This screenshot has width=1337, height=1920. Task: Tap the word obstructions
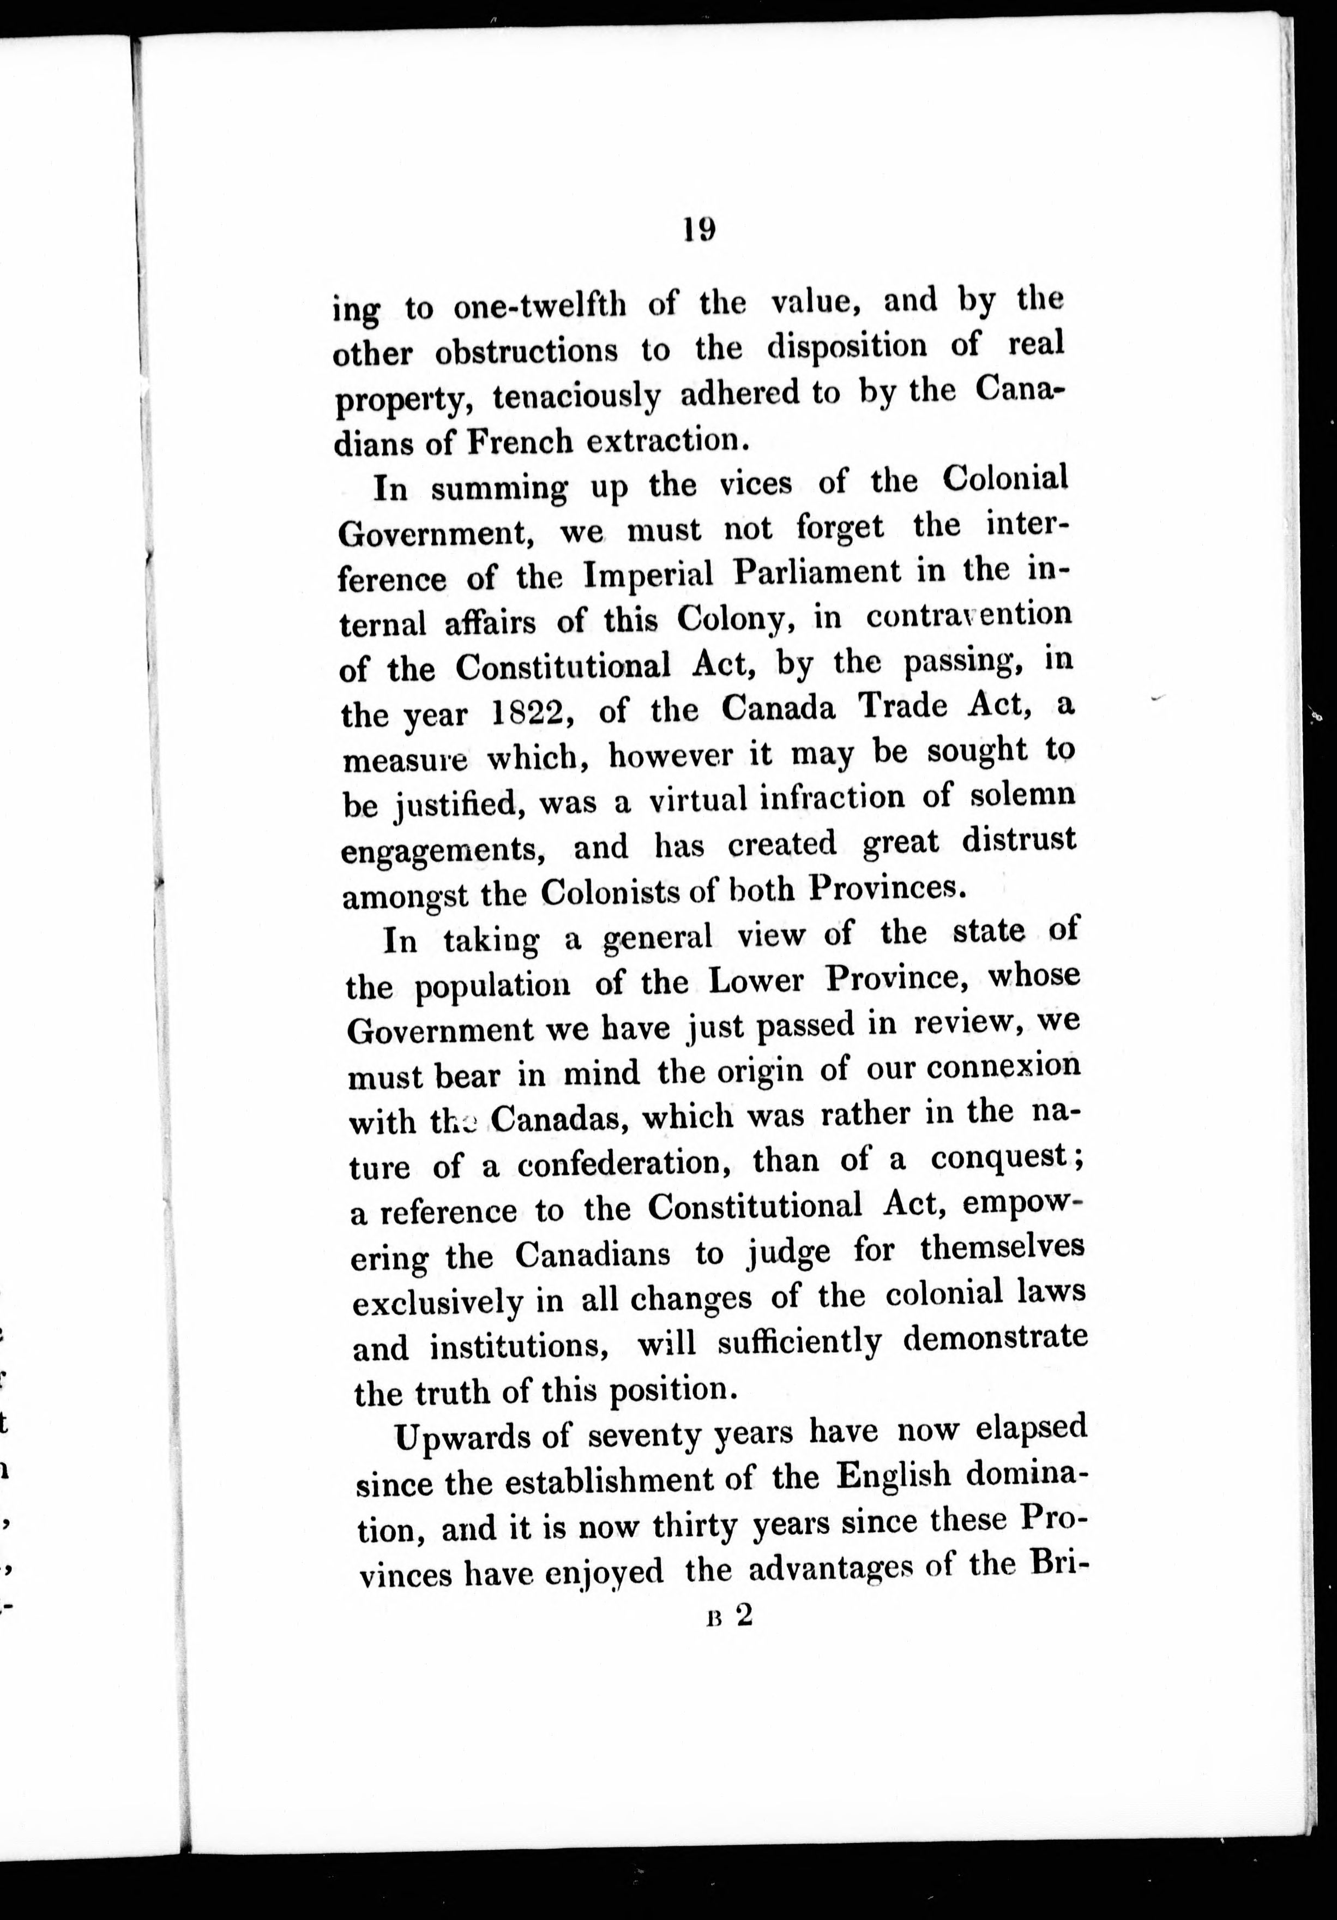(527, 351)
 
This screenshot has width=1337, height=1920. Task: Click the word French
(519, 441)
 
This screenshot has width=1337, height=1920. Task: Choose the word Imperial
(647, 574)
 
